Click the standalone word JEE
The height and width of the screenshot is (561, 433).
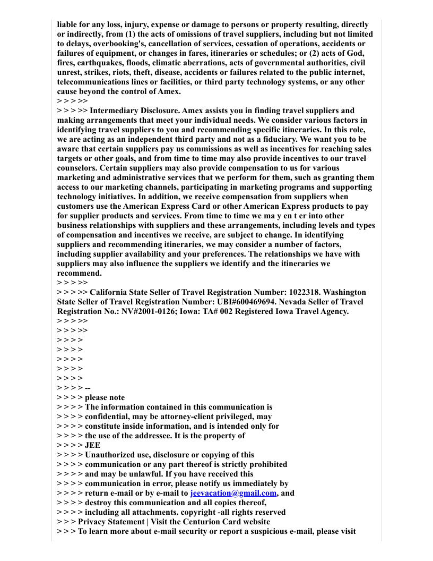92,445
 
